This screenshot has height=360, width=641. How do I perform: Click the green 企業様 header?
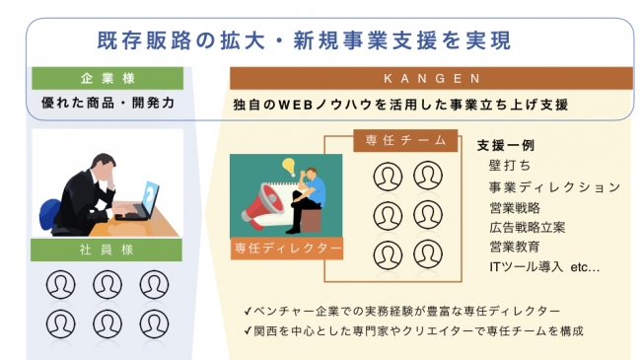(x=107, y=78)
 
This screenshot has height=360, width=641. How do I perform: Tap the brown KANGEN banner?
(x=431, y=78)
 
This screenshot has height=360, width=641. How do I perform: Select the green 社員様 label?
(x=107, y=250)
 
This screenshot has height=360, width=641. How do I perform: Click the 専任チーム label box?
(x=405, y=141)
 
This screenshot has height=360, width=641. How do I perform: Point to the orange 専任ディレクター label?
(x=287, y=248)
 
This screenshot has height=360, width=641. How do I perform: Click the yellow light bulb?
(x=289, y=167)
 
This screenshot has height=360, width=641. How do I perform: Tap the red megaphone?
(x=261, y=205)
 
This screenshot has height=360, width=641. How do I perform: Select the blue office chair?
(x=49, y=214)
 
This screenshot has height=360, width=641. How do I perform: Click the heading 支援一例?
(x=506, y=145)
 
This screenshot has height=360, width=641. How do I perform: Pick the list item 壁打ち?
(x=510, y=166)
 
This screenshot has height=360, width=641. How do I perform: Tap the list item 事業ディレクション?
(x=555, y=187)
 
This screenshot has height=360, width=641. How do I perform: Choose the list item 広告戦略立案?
(x=528, y=228)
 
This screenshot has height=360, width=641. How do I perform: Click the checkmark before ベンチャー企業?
(x=248, y=312)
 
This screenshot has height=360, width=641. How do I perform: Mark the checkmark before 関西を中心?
(x=248, y=330)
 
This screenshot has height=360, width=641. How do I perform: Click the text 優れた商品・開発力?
(x=107, y=103)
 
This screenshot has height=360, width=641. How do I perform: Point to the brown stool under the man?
(x=311, y=220)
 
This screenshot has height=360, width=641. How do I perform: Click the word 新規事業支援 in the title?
(x=355, y=40)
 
